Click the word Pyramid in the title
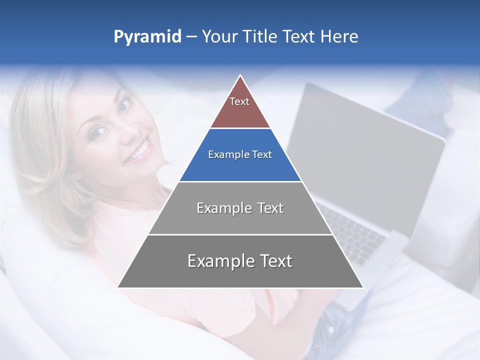(147, 37)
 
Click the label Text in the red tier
(239, 101)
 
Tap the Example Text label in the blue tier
(240, 154)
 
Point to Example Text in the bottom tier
(240, 261)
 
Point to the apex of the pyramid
(240, 76)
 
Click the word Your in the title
(219, 36)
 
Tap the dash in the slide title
(191, 37)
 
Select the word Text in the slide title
(299, 36)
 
